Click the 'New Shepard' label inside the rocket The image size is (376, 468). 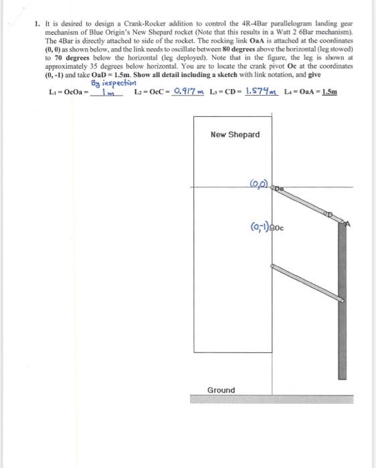tap(235, 135)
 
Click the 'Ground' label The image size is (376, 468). tap(221, 390)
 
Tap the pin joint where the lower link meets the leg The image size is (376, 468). tap(342, 301)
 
